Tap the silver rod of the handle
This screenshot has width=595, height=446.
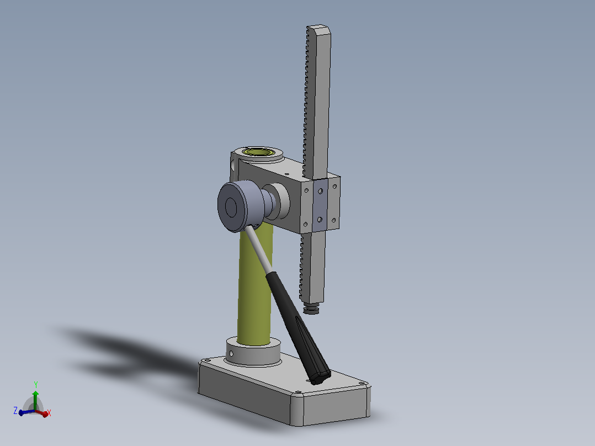(x=258, y=249)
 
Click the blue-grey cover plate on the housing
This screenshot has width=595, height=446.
(x=320, y=205)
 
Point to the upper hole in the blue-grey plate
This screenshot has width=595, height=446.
(x=320, y=192)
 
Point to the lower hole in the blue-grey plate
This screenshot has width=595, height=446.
(x=320, y=219)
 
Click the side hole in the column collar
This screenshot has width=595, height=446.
(x=231, y=354)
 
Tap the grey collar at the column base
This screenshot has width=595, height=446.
(x=253, y=352)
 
